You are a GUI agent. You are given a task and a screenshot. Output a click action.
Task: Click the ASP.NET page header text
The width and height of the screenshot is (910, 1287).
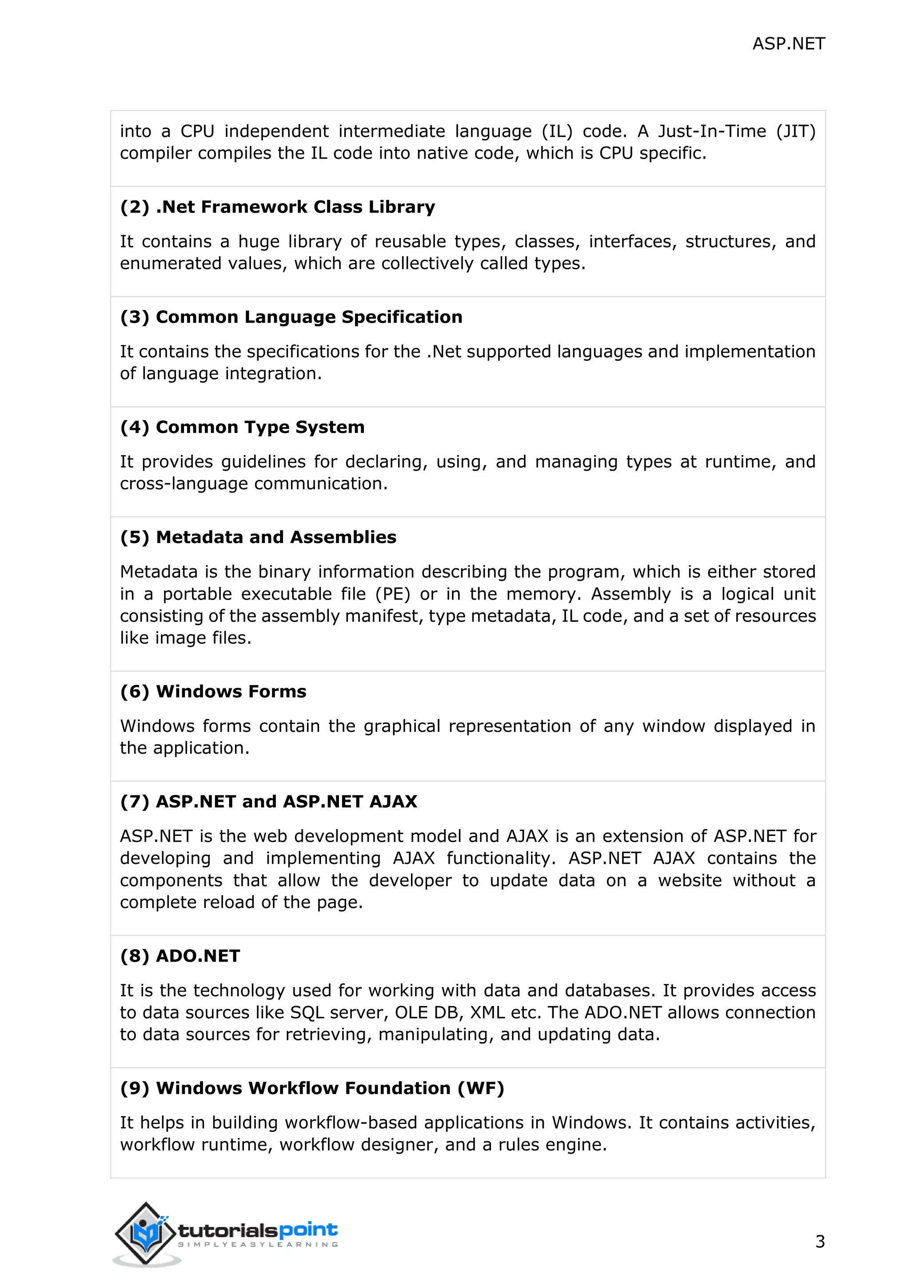tap(788, 44)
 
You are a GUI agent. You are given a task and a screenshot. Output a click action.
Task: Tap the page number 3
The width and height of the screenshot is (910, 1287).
tap(820, 1242)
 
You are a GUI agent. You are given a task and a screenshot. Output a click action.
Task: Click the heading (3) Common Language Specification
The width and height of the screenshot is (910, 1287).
tap(291, 317)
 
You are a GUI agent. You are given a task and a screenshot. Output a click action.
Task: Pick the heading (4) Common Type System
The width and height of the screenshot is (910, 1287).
tap(242, 427)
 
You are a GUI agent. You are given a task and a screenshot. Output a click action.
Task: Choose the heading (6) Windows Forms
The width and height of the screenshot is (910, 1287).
tap(213, 691)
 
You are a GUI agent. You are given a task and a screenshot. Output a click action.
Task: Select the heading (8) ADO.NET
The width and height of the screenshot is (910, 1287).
tap(180, 956)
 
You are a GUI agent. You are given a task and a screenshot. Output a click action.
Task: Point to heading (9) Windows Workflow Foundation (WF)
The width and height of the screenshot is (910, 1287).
tap(312, 1088)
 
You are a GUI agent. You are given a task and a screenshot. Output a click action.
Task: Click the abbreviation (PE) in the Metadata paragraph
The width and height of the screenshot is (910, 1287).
tap(393, 594)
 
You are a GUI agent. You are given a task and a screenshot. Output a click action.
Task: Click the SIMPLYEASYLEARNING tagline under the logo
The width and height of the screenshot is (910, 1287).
tap(258, 1244)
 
